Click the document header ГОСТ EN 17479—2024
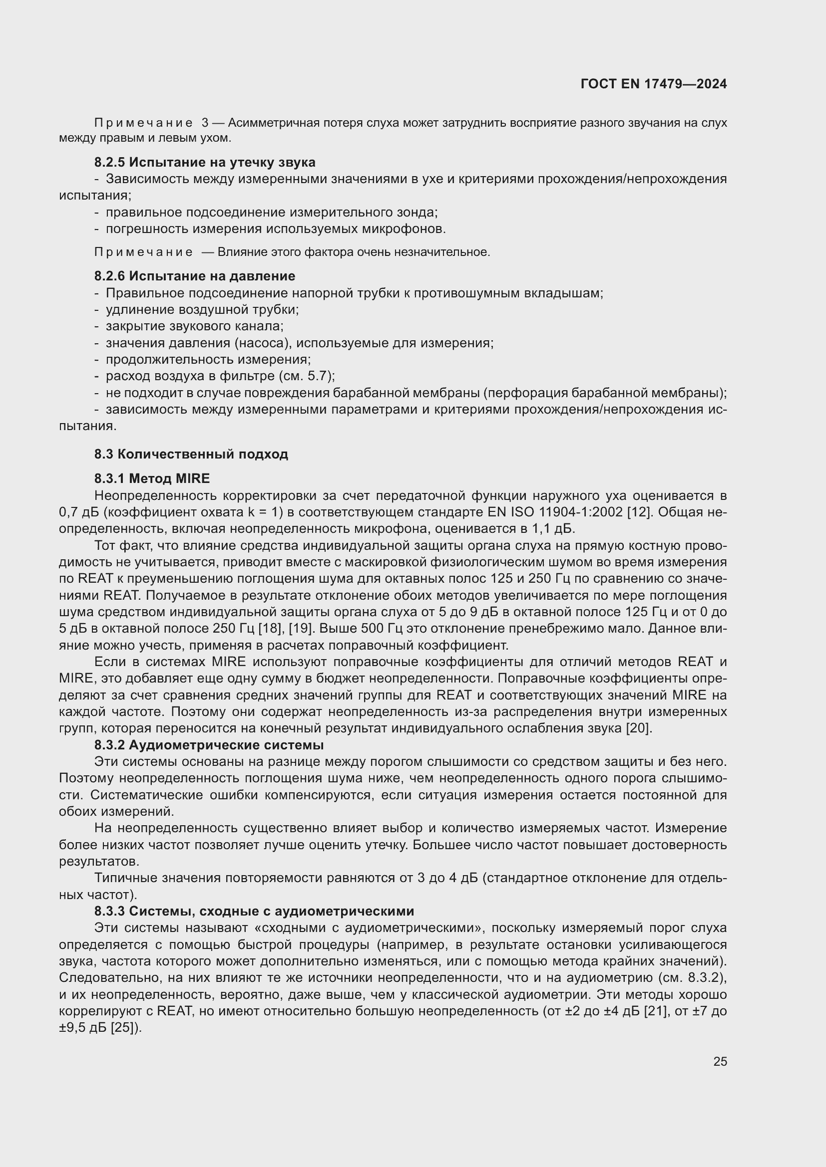653,84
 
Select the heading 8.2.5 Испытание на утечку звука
204,162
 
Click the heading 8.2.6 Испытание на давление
194,276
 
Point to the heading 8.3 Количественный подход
191,454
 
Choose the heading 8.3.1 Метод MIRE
152,478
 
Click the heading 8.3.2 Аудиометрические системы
209,745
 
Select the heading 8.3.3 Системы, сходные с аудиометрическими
254,911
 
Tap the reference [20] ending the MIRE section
639,728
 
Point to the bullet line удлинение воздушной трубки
202,309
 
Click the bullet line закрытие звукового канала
194,326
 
